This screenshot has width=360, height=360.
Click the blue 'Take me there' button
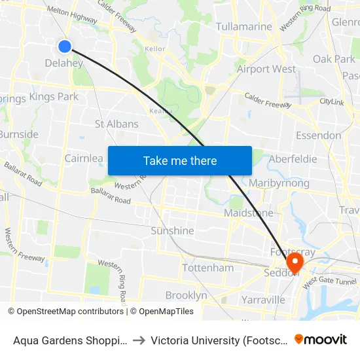tap(180, 160)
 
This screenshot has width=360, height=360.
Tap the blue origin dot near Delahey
tap(65, 46)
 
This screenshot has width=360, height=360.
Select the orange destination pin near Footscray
tap(295, 262)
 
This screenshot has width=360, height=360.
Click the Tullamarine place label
tap(243, 27)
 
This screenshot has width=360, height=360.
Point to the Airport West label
tap(266, 69)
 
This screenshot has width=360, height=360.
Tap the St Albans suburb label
tap(117, 124)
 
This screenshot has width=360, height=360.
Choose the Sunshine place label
tap(172, 230)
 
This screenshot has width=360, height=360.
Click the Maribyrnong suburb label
tap(279, 183)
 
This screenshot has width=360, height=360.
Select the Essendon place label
tap(318, 135)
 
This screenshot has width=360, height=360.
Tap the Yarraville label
tap(262, 299)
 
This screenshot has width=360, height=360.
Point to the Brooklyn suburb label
tap(186, 295)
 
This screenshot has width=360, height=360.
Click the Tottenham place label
tap(207, 268)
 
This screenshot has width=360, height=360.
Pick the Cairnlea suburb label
tap(84, 158)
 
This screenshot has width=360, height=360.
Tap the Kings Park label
tap(54, 97)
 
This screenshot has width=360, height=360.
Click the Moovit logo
tap(321, 339)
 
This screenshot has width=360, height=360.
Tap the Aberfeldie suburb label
tap(293, 159)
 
